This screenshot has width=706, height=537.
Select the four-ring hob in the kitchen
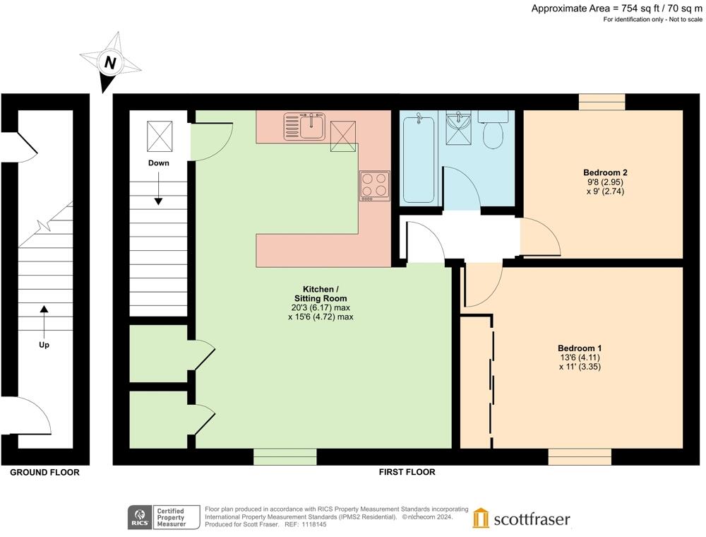click(x=374, y=185)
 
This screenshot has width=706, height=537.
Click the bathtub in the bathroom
click(x=418, y=159)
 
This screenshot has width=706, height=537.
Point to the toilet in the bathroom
click(x=493, y=131)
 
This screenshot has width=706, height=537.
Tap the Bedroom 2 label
click(x=605, y=172)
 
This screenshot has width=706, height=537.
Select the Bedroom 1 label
click(x=580, y=348)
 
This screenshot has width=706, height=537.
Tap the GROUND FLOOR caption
click(x=44, y=472)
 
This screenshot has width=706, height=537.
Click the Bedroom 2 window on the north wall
click(x=602, y=102)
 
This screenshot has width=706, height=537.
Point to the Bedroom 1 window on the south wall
click(x=580, y=457)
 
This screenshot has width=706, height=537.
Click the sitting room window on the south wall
click(x=285, y=457)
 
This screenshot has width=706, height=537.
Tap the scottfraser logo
click(x=522, y=519)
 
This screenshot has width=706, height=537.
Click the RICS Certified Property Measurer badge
click(x=157, y=518)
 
